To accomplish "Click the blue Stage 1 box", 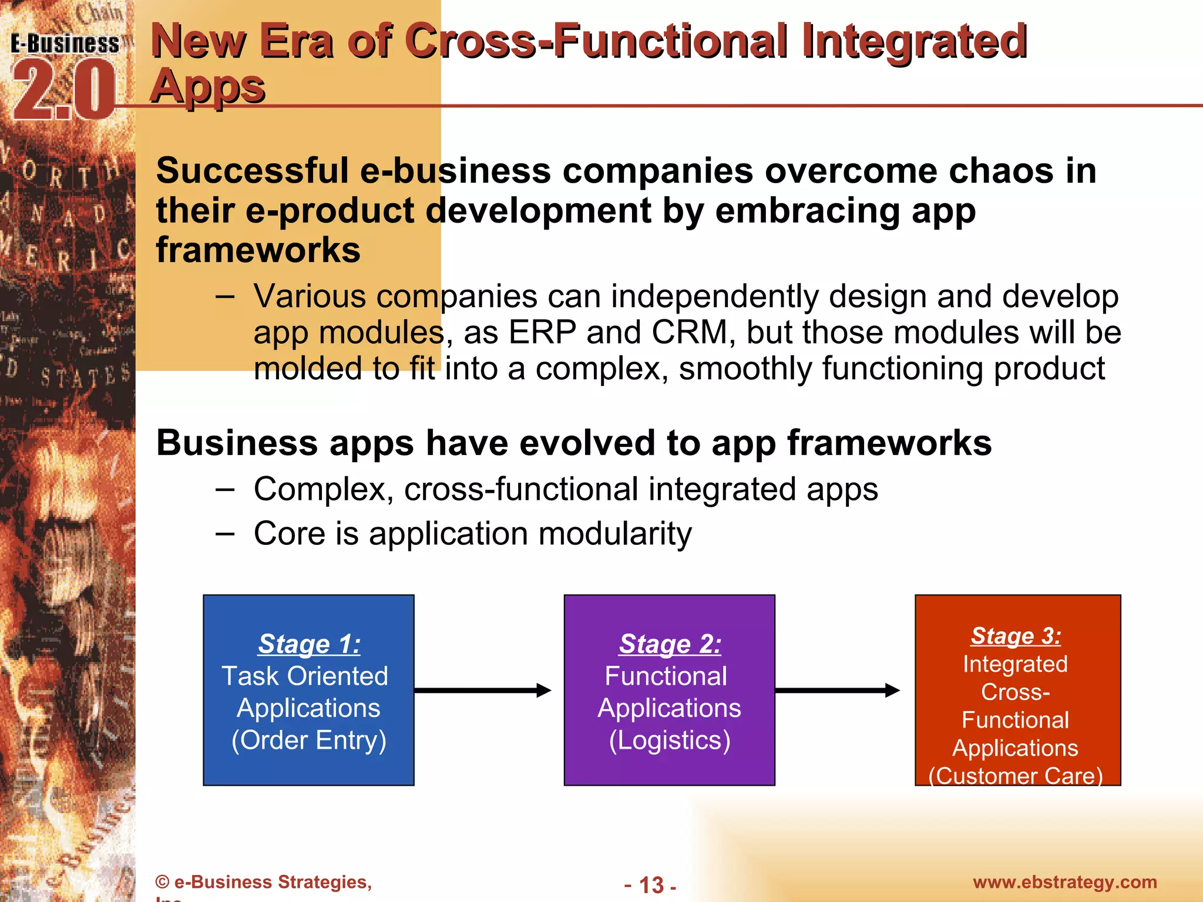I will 308,690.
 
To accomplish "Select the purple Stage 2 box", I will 669,690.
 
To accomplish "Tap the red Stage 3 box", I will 1017,690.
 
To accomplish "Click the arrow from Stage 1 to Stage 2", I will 482,691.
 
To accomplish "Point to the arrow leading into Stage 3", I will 836,691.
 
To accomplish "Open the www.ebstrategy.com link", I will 1065,882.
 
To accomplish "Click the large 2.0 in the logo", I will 63,91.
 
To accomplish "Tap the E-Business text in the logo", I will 65,44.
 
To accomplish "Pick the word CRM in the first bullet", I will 690,332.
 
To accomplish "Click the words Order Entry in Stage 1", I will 309,740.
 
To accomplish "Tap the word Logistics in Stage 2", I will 670,740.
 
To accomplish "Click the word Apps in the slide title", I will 207,86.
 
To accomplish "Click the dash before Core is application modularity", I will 225,534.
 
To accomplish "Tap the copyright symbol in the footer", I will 163,882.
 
